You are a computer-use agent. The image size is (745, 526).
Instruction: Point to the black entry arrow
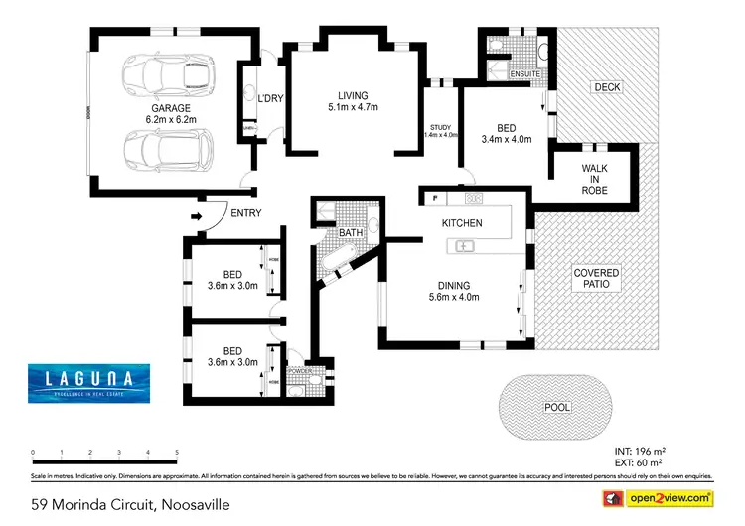196,215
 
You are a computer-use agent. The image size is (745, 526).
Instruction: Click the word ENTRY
245,214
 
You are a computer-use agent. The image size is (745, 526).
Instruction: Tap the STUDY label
440,126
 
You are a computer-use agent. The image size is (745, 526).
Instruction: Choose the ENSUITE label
523,74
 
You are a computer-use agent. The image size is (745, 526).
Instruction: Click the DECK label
606,88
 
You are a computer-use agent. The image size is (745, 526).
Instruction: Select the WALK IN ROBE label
594,179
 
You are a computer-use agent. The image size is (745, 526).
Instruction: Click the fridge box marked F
435,197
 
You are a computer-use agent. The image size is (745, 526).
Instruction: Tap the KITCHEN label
462,223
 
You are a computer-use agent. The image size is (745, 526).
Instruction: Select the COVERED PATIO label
596,279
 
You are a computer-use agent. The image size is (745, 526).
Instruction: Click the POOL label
557,408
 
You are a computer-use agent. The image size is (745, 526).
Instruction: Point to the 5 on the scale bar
177,453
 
